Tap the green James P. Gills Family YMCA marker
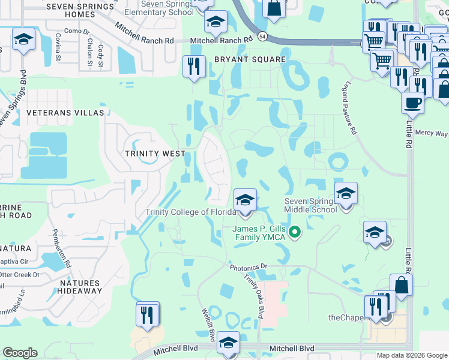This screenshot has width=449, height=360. click(295, 232)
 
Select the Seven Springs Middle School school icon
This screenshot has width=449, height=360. click(346, 194)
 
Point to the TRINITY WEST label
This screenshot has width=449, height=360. click(155, 154)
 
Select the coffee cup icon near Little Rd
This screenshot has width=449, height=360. click(412, 103)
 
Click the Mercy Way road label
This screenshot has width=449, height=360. click(432, 133)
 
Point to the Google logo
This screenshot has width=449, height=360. click(20, 353)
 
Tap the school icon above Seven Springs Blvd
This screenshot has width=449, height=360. click(23, 40)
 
